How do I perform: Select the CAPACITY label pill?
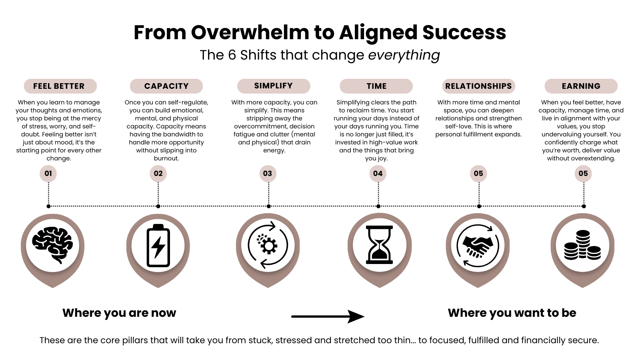pyautogui.click(x=166, y=86)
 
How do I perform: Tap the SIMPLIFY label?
pyautogui.click(x=274, y=86)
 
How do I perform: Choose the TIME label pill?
pyautogui.click(x=376, y=86)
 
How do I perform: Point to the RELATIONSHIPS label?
pyautogui.click(x=478, y=86)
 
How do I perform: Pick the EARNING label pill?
pyautogui.click(x=581, y=86)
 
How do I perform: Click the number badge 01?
pyautogui.click(x=48, y=174)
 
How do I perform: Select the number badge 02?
pyautogui.click(x=158, y=174)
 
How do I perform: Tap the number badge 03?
pyautogui.click(x=268, y=174)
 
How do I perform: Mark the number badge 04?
pyautogui.click(x=378, y=174)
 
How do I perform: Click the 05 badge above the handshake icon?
pyautogui.click(x=478, y=174)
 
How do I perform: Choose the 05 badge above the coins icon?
pyautogui.click(x=583, y=174)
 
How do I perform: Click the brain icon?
pyautogui.click(x=53, y=244)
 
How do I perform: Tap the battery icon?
pyautogui.click(x=158, y=245)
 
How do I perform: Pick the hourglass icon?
pyautogui.click(x=379, y=245)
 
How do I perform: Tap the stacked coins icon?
pyautogui.click(x=582, y=245)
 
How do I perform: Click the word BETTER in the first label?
pyautogui.click(x=70, y=86)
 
